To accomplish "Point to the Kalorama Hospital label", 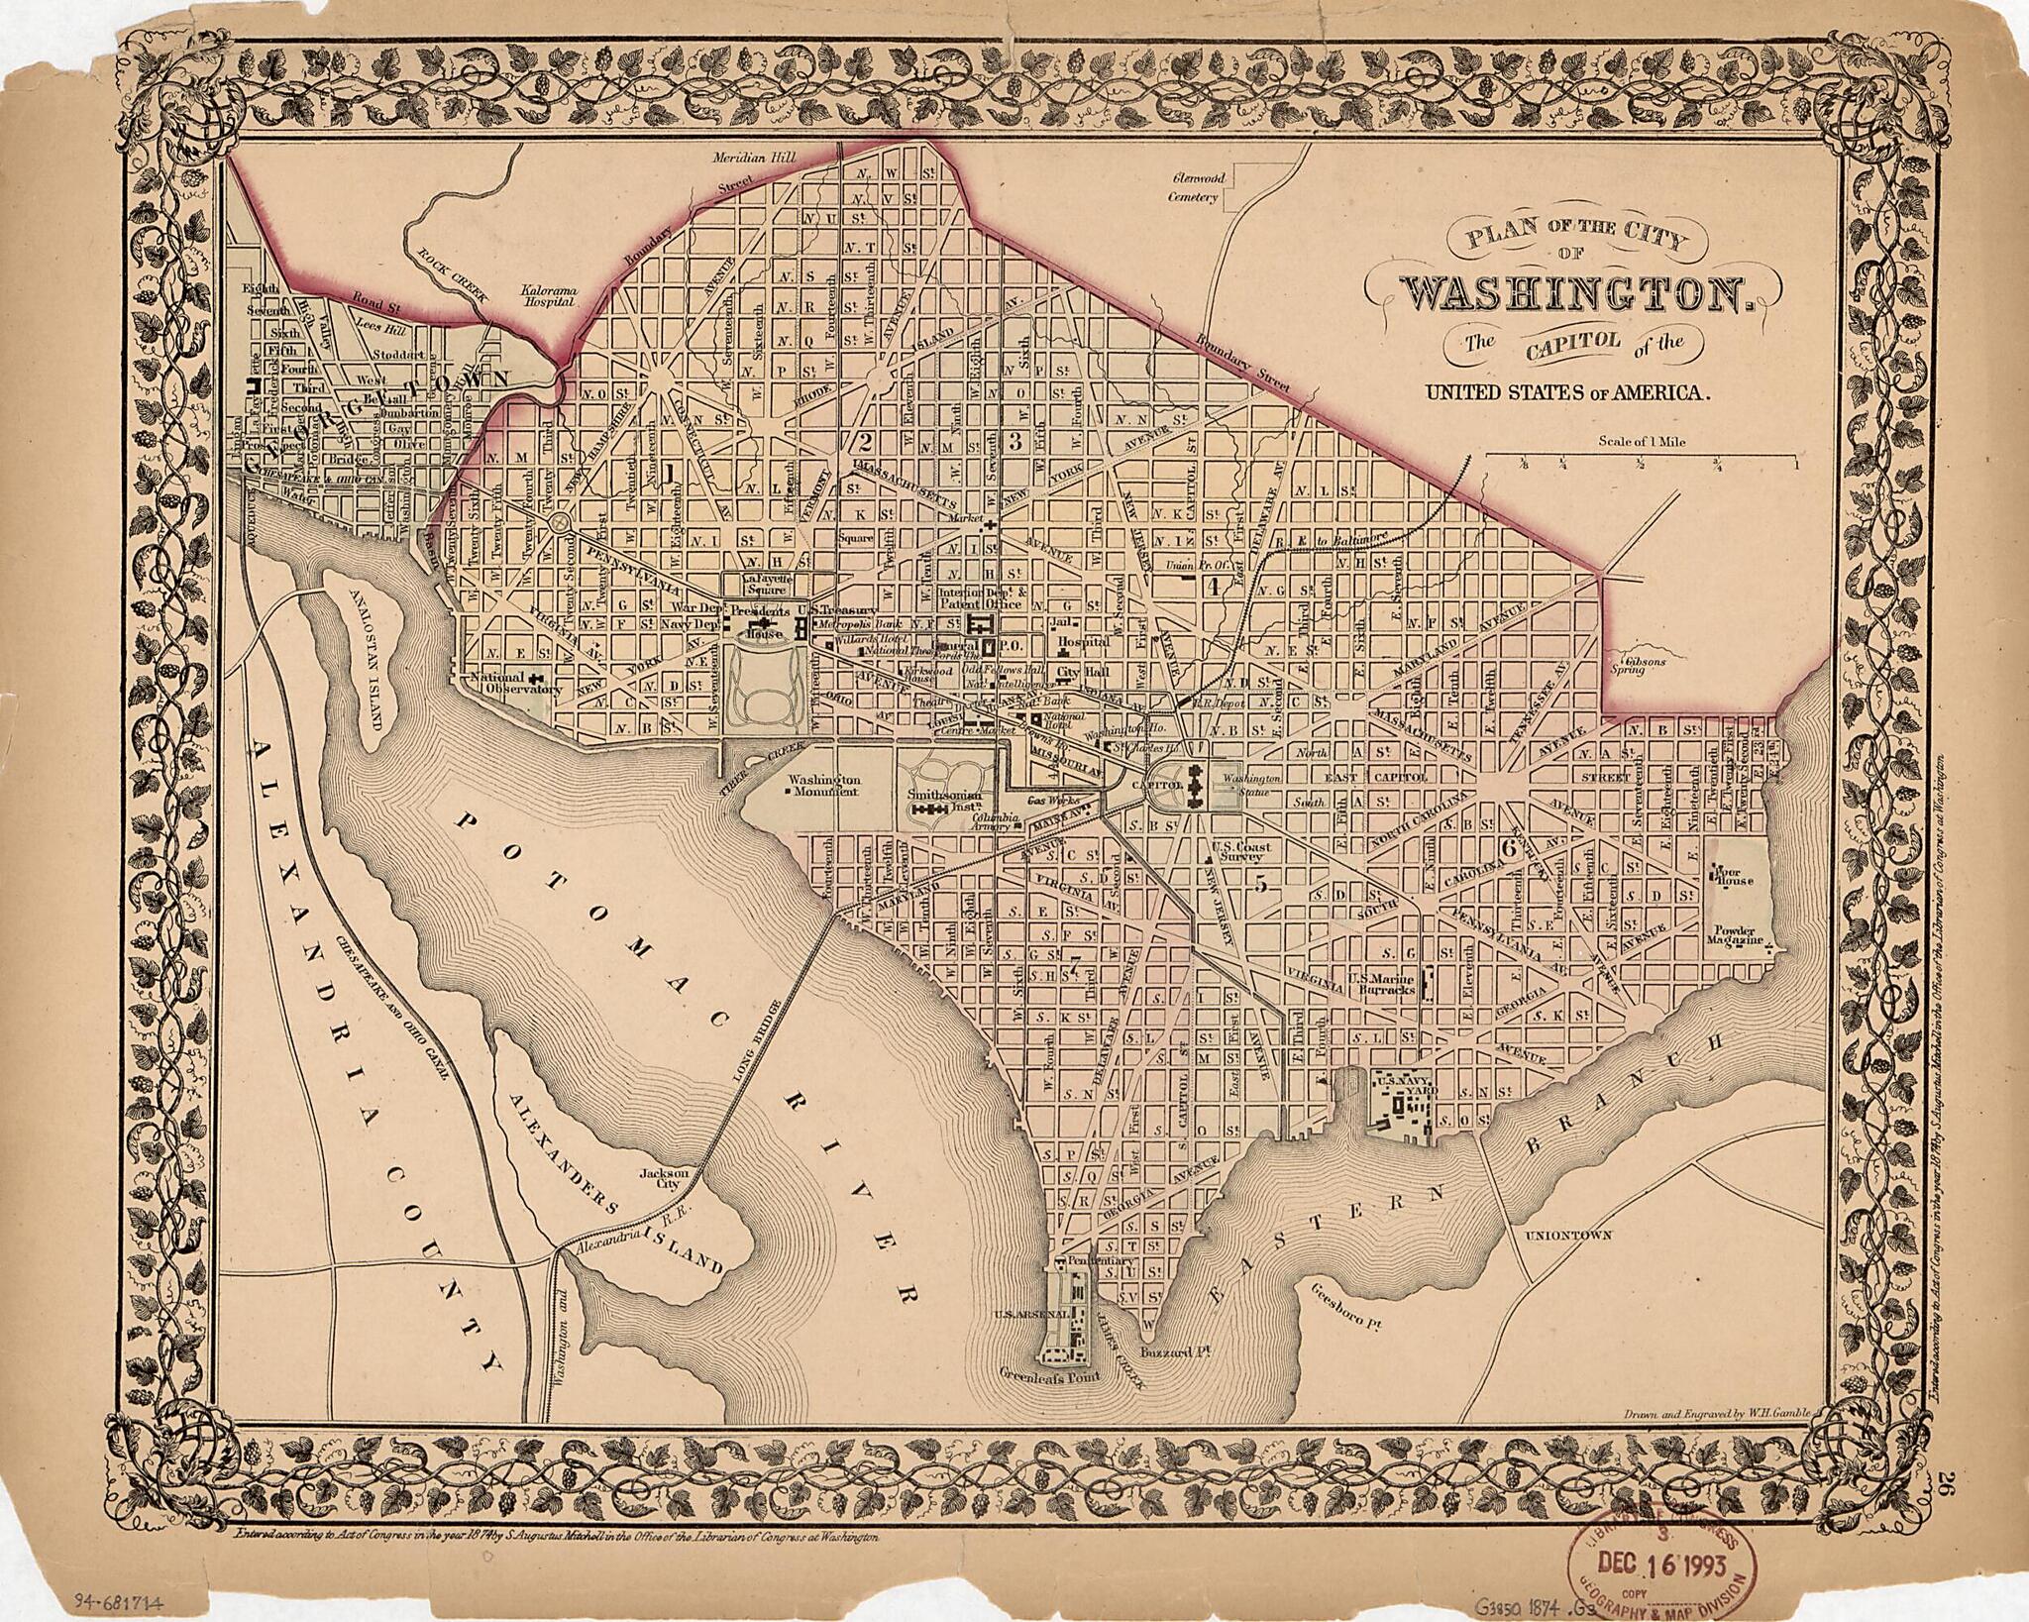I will tap(548, 297).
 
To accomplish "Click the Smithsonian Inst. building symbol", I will tap(931, 811).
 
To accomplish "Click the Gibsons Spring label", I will tap(1644, 665).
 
